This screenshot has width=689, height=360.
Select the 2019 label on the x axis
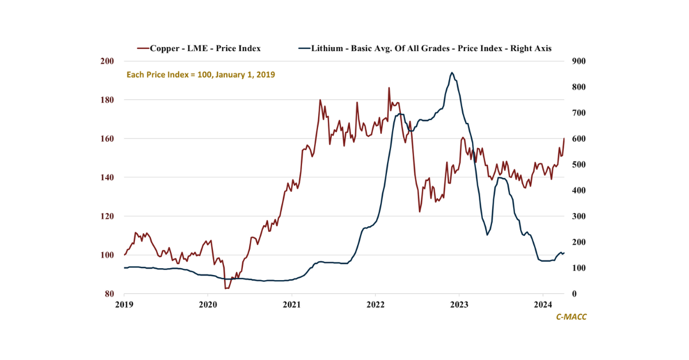click(x=124, y=304)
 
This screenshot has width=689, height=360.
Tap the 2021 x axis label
click(x=292, y=304)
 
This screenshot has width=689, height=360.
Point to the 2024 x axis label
click(x=543, y=304)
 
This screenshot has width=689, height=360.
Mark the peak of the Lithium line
click(x=452, y=72)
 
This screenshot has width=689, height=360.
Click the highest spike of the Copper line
click(x=389, y=88)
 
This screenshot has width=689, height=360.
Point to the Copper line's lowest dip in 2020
click(x=227, y=288)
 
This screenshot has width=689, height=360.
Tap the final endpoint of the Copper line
click(x=564, y=138)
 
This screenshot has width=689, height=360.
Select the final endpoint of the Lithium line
click(x=564, y=253)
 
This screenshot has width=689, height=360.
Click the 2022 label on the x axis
click(x=376, y=304)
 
